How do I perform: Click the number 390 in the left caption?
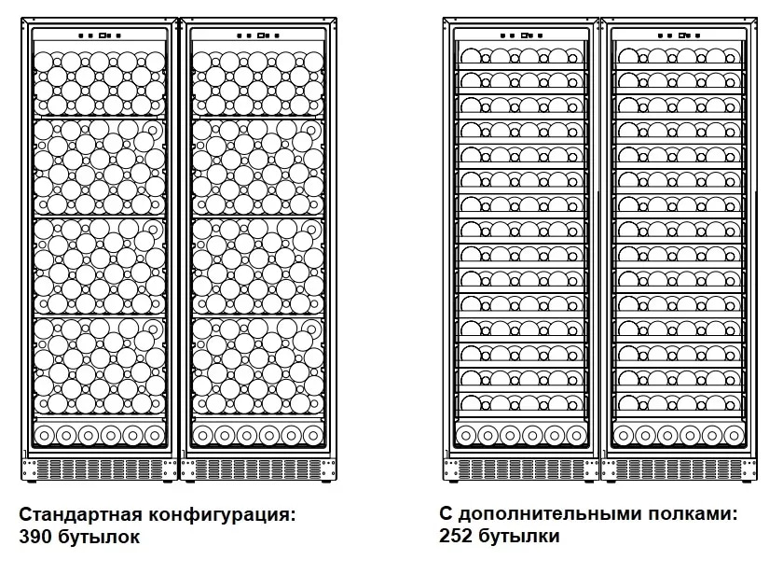[x=35, y=537]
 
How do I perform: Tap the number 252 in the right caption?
[x=456, y=536]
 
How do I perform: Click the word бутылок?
[x=99, y=537]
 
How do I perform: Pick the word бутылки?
[x=518, y=536]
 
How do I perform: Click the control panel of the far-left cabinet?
[x=100, y=35]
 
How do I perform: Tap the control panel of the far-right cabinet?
[x=680, y=35]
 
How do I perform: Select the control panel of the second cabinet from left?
[x=258, y=35]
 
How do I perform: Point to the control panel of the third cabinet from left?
[x=521, y=35]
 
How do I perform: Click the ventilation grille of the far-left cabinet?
[x=100, y=469]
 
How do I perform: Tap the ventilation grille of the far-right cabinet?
[x=680, y=469]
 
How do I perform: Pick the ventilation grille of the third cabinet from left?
[x=521, y=469]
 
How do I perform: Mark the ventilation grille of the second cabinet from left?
[x=258, y=469]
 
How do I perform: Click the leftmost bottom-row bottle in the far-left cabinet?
[x=44, y=436]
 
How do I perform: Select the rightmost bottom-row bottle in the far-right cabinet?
[x=734, y=436]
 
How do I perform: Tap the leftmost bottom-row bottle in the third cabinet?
[x=465, y=436]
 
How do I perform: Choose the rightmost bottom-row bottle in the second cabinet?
[x=312, y=436]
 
